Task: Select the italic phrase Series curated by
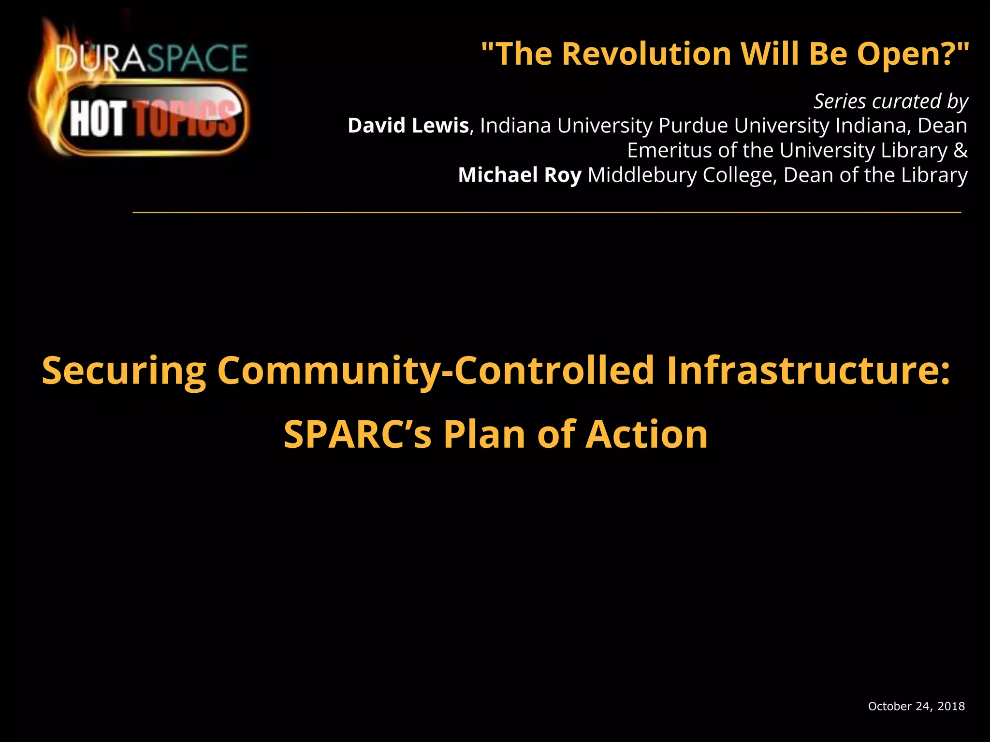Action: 891,101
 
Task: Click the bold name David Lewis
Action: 408,126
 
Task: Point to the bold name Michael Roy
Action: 520,175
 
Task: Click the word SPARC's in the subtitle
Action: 357,434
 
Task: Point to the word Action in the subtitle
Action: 647,434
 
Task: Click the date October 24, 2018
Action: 916,706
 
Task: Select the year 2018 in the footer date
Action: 951,706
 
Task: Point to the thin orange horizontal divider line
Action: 546,212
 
